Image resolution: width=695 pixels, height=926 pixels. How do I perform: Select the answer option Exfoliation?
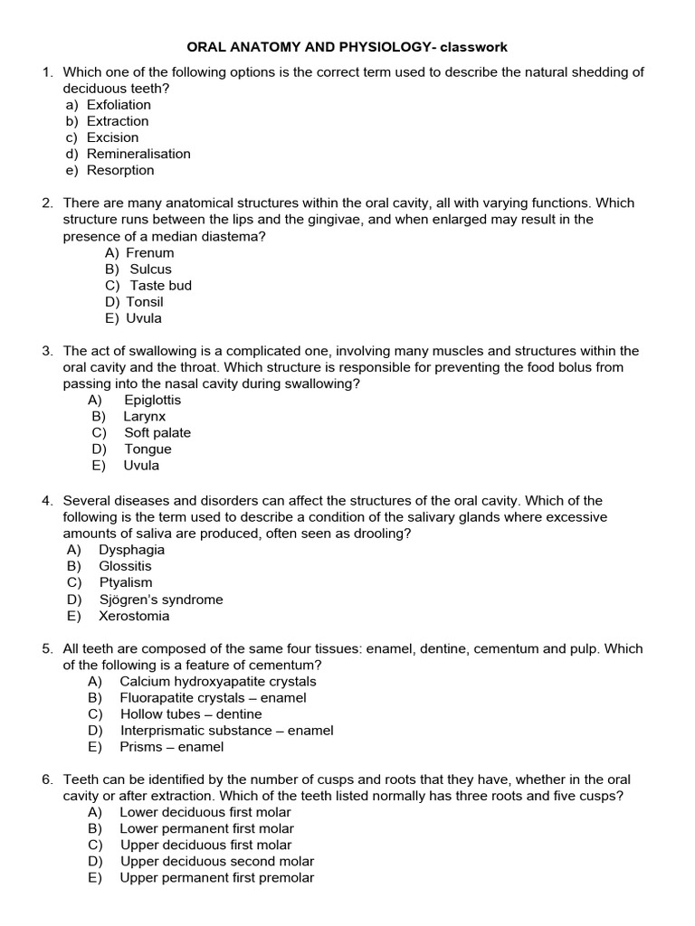tap(119, 105)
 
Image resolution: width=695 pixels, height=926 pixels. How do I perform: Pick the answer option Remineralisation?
tap(138, 154)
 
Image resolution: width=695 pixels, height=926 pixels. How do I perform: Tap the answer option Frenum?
tap(149, 253)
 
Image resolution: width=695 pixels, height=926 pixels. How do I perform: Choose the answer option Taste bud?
tap(160, 286)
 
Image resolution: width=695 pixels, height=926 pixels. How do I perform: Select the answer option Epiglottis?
tap(152, 400)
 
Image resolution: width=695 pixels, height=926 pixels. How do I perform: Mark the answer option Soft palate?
tap(157, 432)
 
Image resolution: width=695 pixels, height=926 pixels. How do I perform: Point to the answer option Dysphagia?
tap(131, 550)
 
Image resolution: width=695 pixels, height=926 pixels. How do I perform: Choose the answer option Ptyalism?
tap(126, 582)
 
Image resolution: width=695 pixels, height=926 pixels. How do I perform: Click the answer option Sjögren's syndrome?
tap(160, 600)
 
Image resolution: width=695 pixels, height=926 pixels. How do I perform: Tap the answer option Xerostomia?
tap(134, 616)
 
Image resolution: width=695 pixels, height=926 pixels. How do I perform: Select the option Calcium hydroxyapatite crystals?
tap(218, 682)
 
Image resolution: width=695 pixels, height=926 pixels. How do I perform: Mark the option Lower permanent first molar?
tap(206, 828)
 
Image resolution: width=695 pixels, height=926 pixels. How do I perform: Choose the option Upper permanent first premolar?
tap(216, 877)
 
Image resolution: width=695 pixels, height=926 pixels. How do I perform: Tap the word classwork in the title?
tap(488, 46)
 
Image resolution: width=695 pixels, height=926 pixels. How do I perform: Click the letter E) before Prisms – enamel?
tap(95, 747)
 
